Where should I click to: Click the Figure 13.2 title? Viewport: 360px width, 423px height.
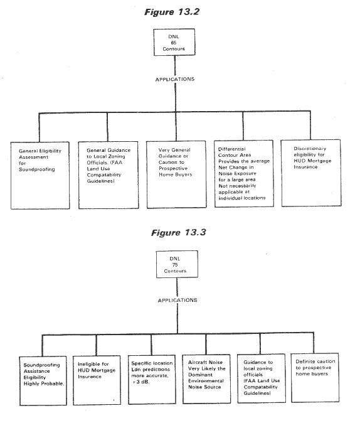[x=172, y=12]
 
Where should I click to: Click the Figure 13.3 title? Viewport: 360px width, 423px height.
[x=179, y=233]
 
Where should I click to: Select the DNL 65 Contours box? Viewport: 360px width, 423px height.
[x=174, y=42]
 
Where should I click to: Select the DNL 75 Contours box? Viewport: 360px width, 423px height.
[x=177, y=264]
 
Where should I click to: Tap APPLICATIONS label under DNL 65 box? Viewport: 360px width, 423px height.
[x=175, y=79]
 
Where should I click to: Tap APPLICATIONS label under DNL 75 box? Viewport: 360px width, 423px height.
[x=177, y=300]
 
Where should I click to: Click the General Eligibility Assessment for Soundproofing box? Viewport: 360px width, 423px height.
[x=40, y=175]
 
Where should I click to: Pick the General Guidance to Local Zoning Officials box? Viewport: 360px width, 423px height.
[x=109, y=175]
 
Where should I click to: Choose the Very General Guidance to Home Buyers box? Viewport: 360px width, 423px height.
[x=177, y=174]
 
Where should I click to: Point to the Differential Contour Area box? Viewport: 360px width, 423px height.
[x=244, y=174]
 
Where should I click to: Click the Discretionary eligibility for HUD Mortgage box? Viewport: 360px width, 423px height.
[x=311, y=173]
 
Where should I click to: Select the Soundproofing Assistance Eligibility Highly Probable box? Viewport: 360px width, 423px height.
[x=43, y=381]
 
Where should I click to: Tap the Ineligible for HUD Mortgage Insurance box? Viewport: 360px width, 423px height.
[x=97, y=380]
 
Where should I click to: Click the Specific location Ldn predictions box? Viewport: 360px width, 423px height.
[x=152, y=380]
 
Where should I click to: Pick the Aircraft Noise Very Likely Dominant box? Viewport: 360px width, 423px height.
[x=206, y=379]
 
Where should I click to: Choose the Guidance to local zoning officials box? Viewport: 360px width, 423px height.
[x=262, y=378]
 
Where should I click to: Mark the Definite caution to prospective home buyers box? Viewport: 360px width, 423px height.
[x=315, y=378]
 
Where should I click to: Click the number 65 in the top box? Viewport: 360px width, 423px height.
[x=173, y=43]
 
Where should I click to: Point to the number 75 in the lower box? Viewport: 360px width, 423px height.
[x=175, y=265]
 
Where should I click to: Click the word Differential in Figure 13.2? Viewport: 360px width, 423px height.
[x=232, y=149]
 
